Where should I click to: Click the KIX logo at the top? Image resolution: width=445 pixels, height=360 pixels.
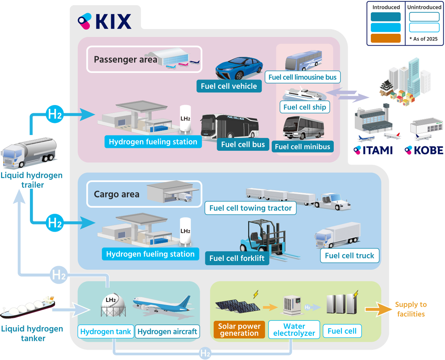pos(105,21)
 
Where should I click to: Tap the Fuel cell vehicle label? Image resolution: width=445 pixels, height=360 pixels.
pos(229,86)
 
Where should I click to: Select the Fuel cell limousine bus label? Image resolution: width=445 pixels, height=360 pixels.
pos(302,77)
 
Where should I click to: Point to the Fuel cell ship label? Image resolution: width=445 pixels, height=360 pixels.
pos(305,107)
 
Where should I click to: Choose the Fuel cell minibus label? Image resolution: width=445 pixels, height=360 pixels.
pos(302,146)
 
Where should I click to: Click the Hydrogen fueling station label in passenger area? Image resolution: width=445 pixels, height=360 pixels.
pos(153,142)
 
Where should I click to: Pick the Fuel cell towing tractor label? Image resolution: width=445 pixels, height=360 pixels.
pos(250,208)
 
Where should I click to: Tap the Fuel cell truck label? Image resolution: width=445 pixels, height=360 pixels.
pos(349,256)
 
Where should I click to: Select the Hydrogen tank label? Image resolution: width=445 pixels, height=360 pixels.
pos(106,331)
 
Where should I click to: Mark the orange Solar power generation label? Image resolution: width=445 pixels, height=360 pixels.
pos(239,330)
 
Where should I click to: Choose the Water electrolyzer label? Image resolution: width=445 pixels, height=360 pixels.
pos(294,330)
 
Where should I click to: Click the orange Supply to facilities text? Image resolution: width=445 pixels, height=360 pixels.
pos(411,309)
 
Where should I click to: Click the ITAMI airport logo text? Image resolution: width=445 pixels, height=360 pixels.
pos(373,150)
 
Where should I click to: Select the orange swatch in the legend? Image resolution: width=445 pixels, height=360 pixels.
pos(385,38)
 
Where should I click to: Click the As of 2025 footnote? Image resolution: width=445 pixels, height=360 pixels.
pos(424,39)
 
